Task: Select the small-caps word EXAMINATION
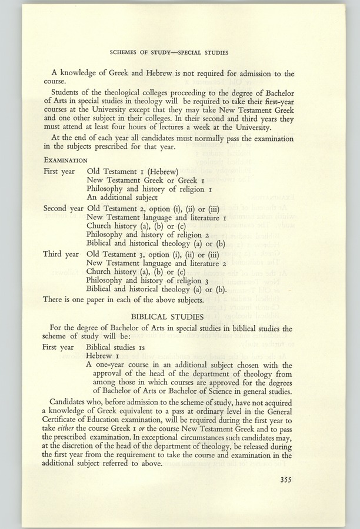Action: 65,159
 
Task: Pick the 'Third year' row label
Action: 61,254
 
